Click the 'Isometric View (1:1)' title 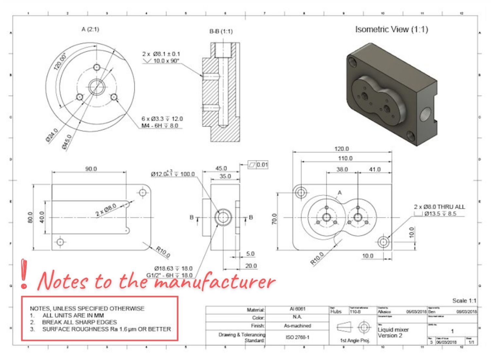(391, 29)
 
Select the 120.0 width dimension (341, 149)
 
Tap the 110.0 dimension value (345, 158)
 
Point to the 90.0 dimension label (91, 169)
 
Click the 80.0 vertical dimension (30, 217)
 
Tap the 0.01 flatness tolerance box (262, 165)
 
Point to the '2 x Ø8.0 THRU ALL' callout (439, 207)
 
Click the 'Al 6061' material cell (297, 309)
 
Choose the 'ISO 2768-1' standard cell (297, 337)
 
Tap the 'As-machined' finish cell (297, 326)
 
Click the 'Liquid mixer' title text (393, 330)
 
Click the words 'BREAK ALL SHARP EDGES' (79, 322)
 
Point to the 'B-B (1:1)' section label (221, 31)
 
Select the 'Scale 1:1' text (464, 300)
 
